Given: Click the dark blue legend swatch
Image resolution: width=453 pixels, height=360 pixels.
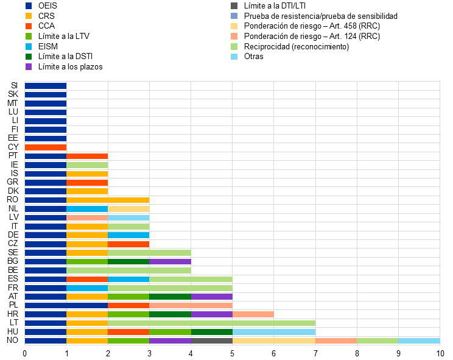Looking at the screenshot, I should point(29,6).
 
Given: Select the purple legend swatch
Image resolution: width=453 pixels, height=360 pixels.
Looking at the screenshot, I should point(29,67).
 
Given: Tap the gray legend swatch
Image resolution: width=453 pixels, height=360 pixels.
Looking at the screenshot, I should point(234,6).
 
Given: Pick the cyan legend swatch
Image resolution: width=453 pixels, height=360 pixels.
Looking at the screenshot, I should point(29,46).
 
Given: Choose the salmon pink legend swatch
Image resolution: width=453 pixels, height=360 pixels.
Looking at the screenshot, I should point(234,37).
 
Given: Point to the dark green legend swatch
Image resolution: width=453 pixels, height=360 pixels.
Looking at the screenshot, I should point(29,57).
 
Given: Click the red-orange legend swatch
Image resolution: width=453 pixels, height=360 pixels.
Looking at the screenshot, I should point(29,26).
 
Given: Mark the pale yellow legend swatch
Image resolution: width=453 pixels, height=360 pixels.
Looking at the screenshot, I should point(234,26).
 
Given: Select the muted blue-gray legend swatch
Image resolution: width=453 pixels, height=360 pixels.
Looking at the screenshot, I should point(234,16).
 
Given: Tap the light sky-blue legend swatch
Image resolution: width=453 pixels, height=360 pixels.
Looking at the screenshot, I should point(234,57).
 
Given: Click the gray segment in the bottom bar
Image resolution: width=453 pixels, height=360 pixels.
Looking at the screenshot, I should point(211,341).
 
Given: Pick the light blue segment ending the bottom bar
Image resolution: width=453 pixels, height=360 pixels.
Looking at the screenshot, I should point(419,341).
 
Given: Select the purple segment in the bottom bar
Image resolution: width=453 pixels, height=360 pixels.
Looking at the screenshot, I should point(170,341).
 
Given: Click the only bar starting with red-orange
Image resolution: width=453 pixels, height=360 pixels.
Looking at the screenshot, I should point(46,147).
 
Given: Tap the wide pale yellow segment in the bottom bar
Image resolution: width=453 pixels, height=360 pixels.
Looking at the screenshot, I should point(273,341).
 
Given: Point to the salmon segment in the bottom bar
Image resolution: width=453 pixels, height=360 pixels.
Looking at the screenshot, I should point(336,341).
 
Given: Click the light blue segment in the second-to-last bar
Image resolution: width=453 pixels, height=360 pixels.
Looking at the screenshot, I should point(273,332).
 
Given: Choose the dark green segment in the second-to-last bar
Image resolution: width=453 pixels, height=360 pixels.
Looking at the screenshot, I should point(211,332).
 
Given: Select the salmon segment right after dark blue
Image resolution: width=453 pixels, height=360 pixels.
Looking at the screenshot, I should point(87,217).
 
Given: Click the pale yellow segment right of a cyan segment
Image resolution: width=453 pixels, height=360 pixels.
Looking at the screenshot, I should point(128,209).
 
